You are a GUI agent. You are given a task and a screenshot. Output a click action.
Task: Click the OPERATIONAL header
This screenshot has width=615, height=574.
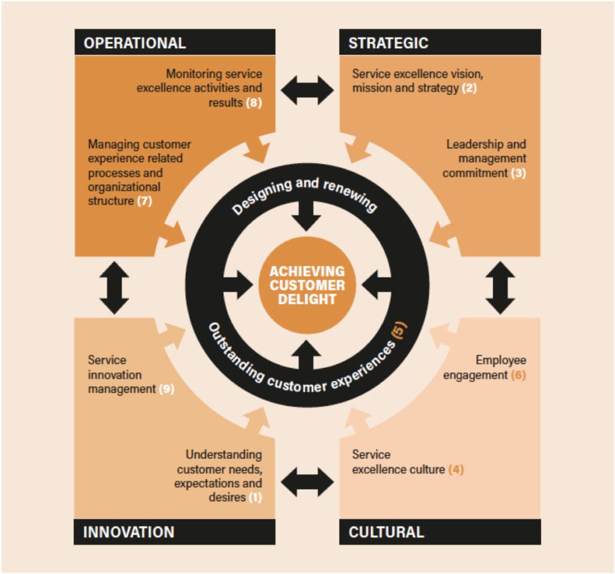[175, 42]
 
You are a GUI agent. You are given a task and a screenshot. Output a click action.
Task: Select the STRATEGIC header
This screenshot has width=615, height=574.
[440, 42]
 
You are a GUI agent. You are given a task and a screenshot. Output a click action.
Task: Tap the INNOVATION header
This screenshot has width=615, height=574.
[175, 531]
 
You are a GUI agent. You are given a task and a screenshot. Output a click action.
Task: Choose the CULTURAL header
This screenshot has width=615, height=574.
[440, 531]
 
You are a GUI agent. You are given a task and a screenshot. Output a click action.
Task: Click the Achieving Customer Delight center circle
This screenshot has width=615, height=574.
[307, 285]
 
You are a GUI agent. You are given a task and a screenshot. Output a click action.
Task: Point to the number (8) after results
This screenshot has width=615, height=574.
[254, 103]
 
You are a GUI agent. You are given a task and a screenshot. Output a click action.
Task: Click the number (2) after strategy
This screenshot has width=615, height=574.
[469, 88]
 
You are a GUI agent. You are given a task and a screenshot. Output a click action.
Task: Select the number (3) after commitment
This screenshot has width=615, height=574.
[518, 173]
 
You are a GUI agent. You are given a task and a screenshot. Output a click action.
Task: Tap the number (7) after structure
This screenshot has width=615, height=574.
[144, 201]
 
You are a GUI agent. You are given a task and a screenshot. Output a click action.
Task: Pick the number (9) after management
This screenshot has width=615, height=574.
[167, 389]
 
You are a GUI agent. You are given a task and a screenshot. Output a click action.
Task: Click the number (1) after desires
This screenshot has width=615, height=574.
[255, 498]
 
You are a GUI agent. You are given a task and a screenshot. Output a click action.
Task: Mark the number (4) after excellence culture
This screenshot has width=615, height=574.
[456, 469]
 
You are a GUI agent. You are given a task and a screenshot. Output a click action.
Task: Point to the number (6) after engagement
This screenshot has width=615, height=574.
[518, 375]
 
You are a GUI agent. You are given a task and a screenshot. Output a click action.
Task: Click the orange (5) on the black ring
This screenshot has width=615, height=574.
[399, 329]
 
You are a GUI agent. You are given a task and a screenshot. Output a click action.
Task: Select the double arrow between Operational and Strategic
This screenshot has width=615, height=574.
[307, 90]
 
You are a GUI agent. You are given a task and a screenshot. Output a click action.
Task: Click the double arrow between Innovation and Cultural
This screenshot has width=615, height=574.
[307, 482]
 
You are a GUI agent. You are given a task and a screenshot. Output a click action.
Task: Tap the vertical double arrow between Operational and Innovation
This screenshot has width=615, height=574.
[114, 288]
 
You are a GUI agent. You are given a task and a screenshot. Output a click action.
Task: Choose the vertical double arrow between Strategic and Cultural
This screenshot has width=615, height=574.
[500, 288]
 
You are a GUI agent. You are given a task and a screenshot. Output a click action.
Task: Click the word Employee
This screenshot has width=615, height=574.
[501, 361]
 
